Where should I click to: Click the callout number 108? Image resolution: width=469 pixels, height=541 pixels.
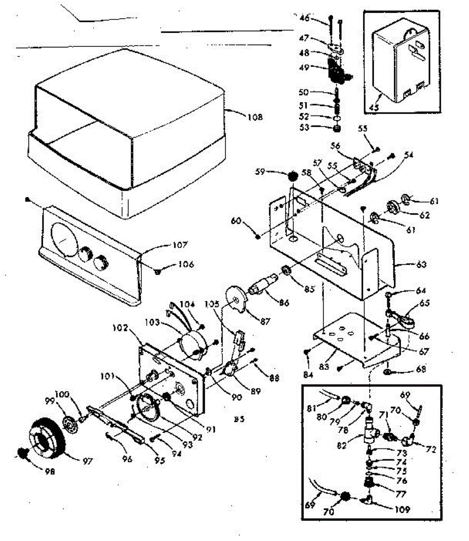(x=255, y=117)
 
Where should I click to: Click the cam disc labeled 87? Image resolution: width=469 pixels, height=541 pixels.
(x=237, y=298)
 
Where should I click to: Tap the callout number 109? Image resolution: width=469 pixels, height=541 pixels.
(x=401, y=510)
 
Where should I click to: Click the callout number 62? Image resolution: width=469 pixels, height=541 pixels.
(x=424, y=215)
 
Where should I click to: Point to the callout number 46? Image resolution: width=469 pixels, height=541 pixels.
(x=306, y=18)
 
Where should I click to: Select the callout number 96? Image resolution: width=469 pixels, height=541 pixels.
(x=127, y=459)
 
